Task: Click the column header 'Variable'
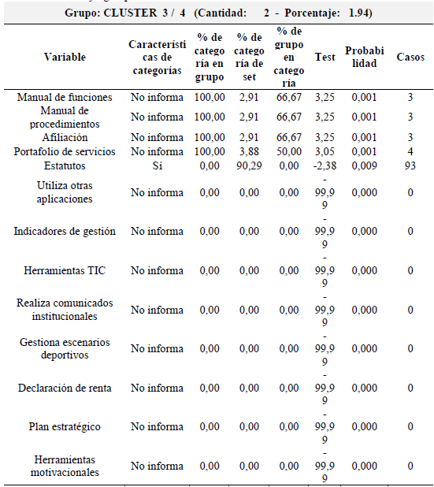pos(65,57)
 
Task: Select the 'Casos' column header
pos(410,57)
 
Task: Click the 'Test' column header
pos(325,57)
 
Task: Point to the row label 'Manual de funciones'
pos(65,98)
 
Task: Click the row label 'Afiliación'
pos(65,138)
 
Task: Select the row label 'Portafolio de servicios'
pos(65,152)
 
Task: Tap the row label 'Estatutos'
pos(65,166)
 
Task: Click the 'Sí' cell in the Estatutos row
pos(157,166)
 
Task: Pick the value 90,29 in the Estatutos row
pos(250,166)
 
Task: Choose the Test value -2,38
pos(324,166)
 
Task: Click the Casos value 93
pos(410,166)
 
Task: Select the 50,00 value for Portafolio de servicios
pos(288,152)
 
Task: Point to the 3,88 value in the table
pos(250,152)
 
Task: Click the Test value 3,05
pos(325,152)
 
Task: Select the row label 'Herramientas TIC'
pos(65,270)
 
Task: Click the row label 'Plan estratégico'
pos(65,426)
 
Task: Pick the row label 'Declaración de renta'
pos(65,388)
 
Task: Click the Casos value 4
pos(410,152)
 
